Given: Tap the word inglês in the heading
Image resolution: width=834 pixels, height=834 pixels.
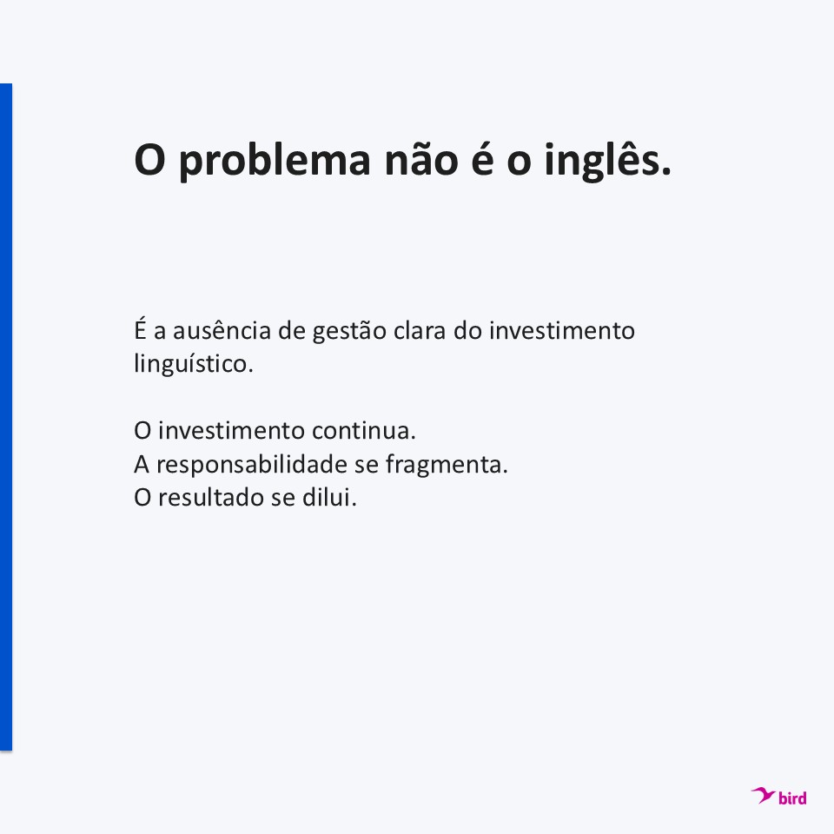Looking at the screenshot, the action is click(607, 160).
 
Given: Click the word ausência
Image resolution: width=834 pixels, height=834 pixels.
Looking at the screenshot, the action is click(222, 330).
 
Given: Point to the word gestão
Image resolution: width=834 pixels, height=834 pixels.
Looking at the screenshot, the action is click(349, 331).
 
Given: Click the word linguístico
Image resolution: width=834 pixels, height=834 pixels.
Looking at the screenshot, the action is click(194, 364).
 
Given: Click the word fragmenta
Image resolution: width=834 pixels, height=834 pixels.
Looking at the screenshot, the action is click(447, 464).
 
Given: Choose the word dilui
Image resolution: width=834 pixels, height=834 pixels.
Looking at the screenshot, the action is click(329, 497).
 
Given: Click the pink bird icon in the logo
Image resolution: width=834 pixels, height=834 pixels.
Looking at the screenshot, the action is click(763, 795).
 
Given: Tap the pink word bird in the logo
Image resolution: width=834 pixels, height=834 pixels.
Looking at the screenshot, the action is click(792, 798).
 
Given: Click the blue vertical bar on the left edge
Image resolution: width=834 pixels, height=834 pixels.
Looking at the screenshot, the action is click(6, 417).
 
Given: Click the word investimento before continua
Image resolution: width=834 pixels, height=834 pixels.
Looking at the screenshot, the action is click(231, 430).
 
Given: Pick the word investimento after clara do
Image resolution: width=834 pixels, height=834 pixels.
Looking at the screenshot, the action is click(562, 330).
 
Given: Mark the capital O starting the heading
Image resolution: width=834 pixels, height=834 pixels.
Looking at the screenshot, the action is click(149, 160).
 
